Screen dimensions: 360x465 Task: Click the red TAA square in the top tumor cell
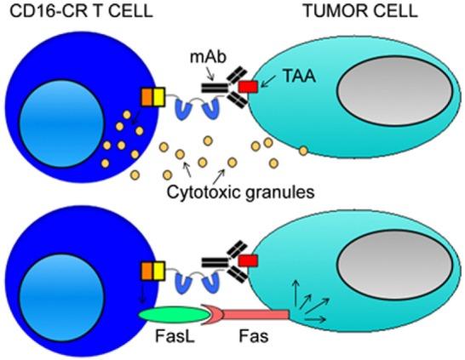coord(247,88)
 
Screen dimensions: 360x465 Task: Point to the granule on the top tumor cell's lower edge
coord(304,151)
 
